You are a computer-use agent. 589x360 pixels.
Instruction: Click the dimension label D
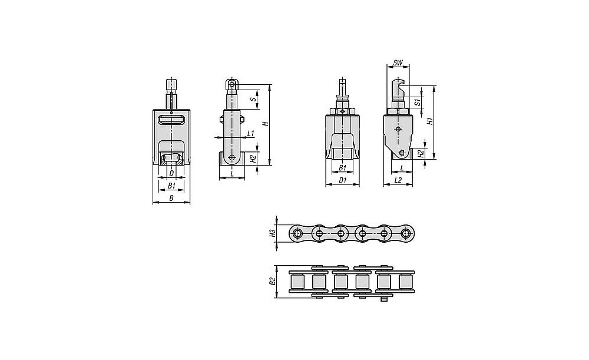(x=171, y=173)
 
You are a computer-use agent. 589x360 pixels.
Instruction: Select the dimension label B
(x=171, y=199)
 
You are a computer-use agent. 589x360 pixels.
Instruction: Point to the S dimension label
(x=253, y=100)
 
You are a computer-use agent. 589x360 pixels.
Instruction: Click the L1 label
(x=252, y=133)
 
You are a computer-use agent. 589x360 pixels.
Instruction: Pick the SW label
(x=398, y=63)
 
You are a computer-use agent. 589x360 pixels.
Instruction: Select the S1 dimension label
(x=416, y=102)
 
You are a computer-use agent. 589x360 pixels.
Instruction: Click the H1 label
(x=431, y=121)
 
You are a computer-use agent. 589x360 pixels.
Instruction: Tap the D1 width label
(x=342, y=180)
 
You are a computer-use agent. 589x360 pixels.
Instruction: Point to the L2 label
(x=398, y=180)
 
